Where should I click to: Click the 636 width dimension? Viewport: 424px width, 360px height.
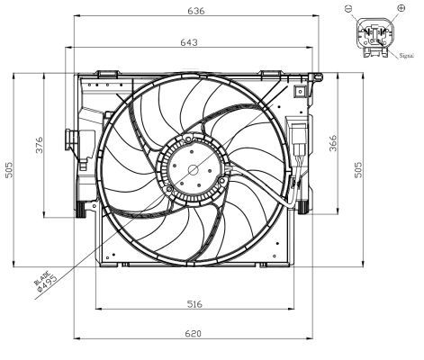194,12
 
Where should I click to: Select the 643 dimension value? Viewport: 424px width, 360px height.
189,42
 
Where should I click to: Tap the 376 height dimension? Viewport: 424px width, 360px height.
40,146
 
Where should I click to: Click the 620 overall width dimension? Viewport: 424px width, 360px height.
194,334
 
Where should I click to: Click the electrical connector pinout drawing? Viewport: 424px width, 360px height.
374,36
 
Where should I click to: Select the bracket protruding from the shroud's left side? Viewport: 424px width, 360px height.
69,141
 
